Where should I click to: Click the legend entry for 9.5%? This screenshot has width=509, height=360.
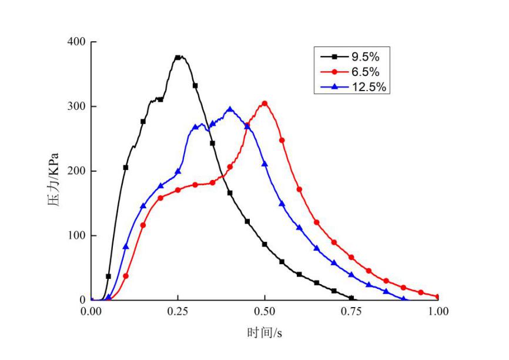click(353, 57)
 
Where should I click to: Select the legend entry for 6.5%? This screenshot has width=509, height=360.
click(353, 72)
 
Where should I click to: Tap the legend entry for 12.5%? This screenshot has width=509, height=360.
click(353, 87)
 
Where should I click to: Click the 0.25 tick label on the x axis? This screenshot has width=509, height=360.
click(178, 311)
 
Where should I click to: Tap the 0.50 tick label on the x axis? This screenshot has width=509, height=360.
click(264, 311)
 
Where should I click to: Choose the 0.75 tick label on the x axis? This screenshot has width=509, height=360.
click(351, 311)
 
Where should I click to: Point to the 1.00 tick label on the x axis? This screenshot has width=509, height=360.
click(438, 311)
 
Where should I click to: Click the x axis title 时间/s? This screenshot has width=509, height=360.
click(264, 333)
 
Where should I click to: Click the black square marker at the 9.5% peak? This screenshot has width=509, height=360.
click(178, 58)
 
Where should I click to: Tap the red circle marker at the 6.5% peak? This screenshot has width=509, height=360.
click(264, 104)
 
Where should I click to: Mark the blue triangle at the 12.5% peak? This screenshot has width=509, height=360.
click(230, 109)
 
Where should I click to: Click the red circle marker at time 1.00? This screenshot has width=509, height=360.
click(438, 297)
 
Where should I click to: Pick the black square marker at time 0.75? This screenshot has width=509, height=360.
click(351, 298)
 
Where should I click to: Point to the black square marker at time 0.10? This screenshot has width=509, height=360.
click(126, 168)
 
